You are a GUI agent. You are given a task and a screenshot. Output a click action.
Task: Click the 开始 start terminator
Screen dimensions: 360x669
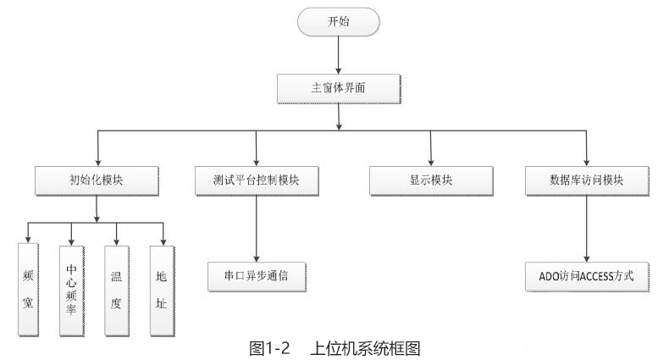pyautogui.click(x=338, y=24)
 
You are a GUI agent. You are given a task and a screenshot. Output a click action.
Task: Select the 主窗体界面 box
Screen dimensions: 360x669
pyautogui.click(x=338, y=87)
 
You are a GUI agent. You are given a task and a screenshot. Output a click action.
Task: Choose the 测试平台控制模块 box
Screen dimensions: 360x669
pyautogui.click(x=256, y=180)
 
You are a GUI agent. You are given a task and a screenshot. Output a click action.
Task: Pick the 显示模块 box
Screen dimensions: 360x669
pyautogui.click(x=431, y=180)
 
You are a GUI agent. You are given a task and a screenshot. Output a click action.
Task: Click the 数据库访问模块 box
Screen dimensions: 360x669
pyautogui.click(x=587, y=180)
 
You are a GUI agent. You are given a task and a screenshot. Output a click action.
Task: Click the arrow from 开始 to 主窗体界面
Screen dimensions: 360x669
pyautogui.click(x=338, y=55)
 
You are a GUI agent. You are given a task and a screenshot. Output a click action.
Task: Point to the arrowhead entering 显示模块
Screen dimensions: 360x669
pyautogui.click(x=431, y=163)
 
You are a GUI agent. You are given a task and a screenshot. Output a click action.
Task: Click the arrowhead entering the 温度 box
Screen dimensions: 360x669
pyautogui.click(x=116, y=242)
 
